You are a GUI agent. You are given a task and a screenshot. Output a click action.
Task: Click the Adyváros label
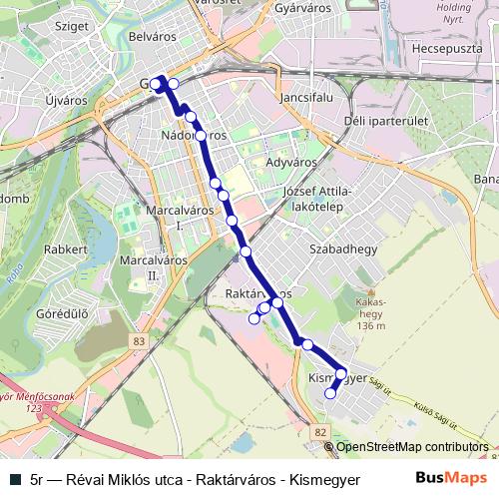click(290, 161)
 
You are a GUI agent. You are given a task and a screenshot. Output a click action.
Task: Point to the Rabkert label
click(67, 249)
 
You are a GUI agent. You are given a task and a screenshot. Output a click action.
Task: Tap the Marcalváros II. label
click(140, 267)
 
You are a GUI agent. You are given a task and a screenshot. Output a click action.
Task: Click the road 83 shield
click(137, 342)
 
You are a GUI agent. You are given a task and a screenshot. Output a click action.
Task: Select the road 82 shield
click(318, 431)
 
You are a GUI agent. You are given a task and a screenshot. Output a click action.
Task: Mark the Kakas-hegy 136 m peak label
click(370, 312)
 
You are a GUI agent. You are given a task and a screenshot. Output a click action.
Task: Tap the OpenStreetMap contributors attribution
click(412, 446)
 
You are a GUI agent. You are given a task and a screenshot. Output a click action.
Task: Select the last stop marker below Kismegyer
click(330, 394)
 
